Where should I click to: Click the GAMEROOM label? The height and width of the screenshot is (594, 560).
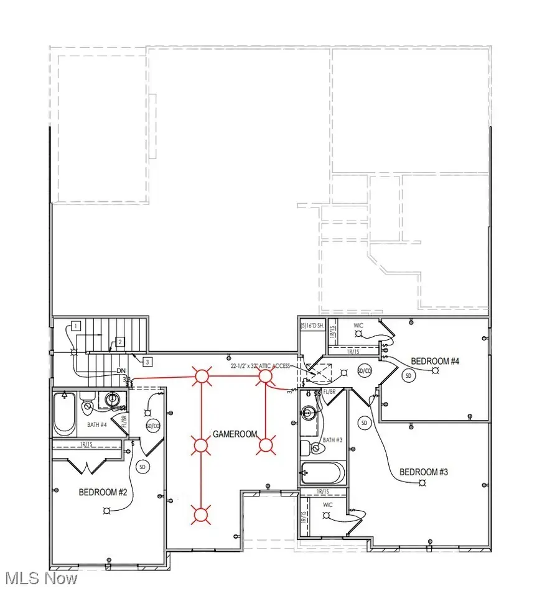pyautogui.click(x=235, y=434)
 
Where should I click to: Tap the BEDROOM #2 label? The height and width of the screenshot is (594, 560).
pyautogui.click(x=103, y=492)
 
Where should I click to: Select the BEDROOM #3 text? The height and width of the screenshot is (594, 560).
pyautogui.click(x=423, y=472)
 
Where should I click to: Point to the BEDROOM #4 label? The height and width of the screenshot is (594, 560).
pyautogui.click(x=435, y=361)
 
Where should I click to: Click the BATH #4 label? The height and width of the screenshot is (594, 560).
pyautogui.click(x=96, y=425)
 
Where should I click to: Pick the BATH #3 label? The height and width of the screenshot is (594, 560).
pyautogui.click(x=333, y=440)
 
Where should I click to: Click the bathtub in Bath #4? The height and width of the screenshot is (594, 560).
pyautogui.click(x=64, y=413)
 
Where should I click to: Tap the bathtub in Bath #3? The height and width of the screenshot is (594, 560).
pyautogui.click(x=322, y=473)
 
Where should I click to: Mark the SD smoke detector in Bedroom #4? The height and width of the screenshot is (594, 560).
pyautogui.click(x=409, y=376)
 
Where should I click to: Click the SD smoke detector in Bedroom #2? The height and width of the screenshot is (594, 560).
pyautogui.click(x=142, y=466)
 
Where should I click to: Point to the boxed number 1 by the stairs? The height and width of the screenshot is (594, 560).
pyautogui.click(x=75, y=326)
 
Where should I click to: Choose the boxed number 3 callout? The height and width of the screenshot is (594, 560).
pyautogui.click(x=147, y=361)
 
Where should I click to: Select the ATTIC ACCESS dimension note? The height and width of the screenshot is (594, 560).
pyautogui.click(x=260, y=367)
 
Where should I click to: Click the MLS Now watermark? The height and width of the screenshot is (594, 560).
pyautogui.click(x=42, y=578)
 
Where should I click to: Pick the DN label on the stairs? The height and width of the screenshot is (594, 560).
pyautogui.click(x=121, y=371)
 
